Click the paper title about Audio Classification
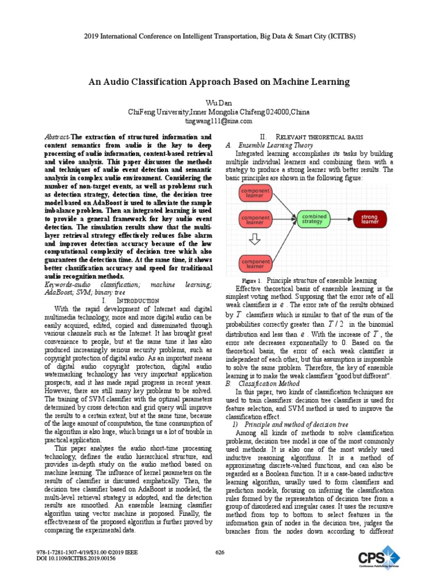tap(218, 82)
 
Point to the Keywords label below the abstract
tap(60, 284)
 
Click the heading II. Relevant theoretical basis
tap(305, 138)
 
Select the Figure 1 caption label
tap(252, 281)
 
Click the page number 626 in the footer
tap(219, 552)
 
